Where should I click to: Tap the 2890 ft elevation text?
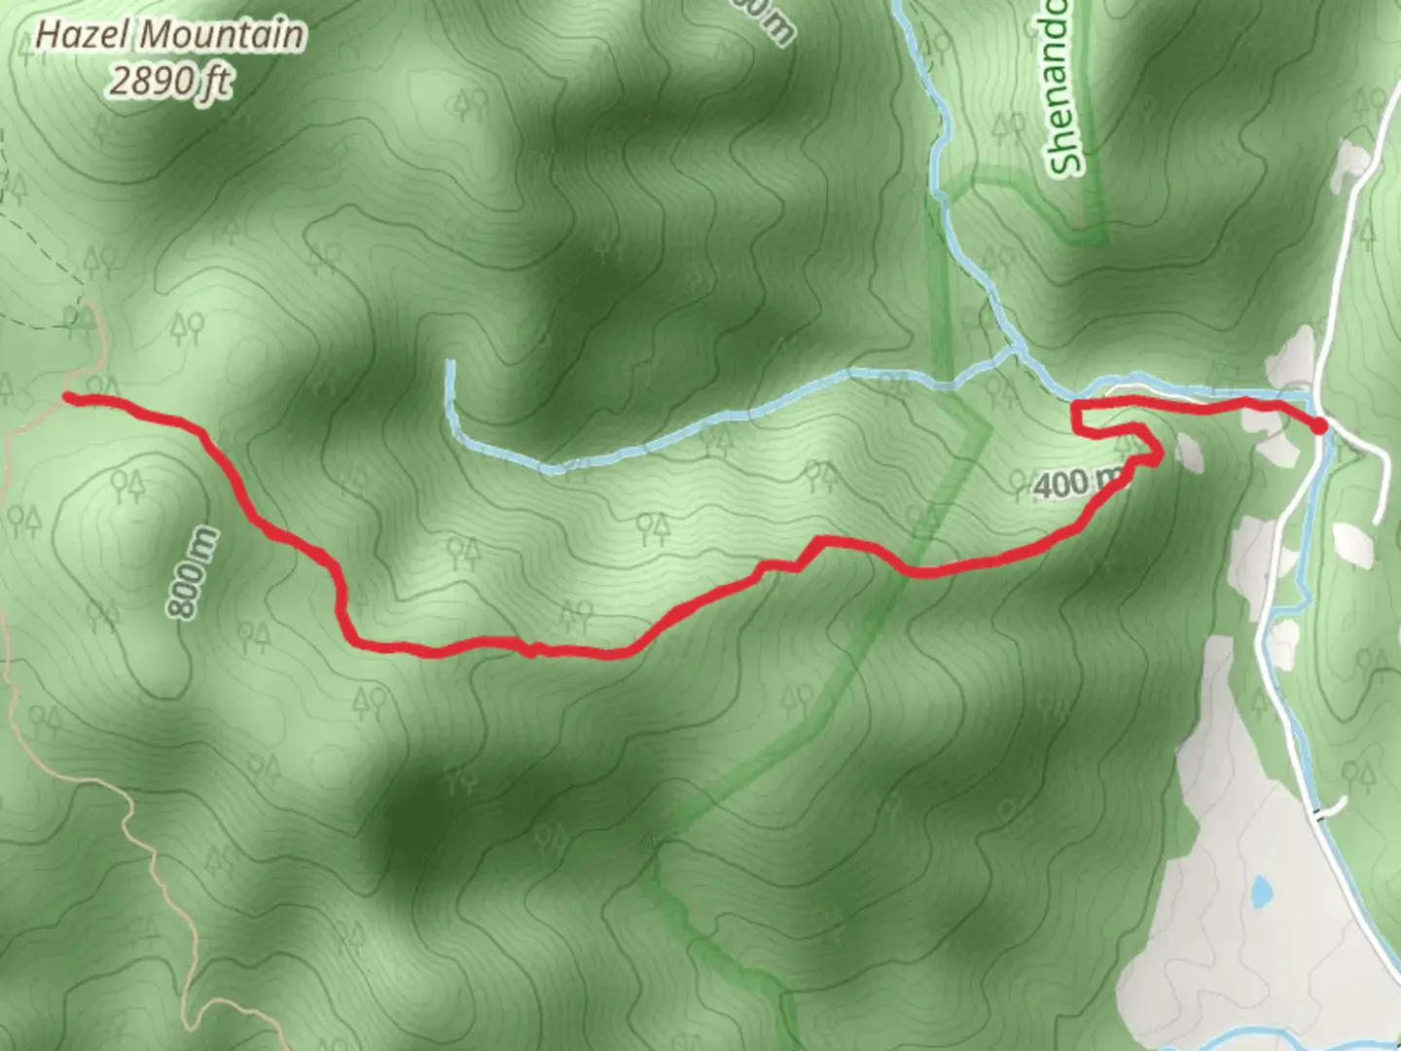point(169,82)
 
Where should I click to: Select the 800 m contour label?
point(192,573)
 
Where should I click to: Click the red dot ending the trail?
point(1318,425)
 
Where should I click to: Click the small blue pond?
point(1262,889)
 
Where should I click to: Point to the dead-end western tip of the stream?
point(450,365)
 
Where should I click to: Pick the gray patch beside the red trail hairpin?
point(1188,451)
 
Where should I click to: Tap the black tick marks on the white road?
point(1320,814)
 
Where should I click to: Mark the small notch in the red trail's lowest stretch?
point(531,648)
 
